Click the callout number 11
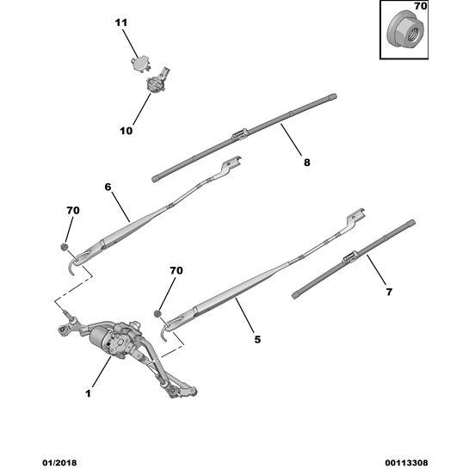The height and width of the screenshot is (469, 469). (x=121, y=22)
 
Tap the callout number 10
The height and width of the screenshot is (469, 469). (x=126, y=131)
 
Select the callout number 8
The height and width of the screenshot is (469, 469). (x=307, y=163)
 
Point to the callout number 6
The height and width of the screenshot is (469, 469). (x=108, y=187)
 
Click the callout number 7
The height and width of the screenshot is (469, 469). (x=389, y=292)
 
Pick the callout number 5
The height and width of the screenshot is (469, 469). (x=257, y=339)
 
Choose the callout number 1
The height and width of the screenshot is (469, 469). (x=88, y=393)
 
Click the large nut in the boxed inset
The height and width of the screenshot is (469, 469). (x=404, y=28)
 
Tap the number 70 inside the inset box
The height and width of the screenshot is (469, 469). (x=421, y=6)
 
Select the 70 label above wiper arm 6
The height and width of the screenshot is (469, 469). (x=73, y=211)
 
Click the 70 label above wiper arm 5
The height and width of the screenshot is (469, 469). (x=176, y=270)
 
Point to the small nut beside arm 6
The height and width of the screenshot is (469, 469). (x=65, y=247)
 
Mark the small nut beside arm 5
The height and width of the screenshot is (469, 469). (x=157, y=314)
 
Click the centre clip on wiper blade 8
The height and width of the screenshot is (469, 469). (x=239, y=135)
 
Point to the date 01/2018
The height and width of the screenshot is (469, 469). (x=59, y=463)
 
